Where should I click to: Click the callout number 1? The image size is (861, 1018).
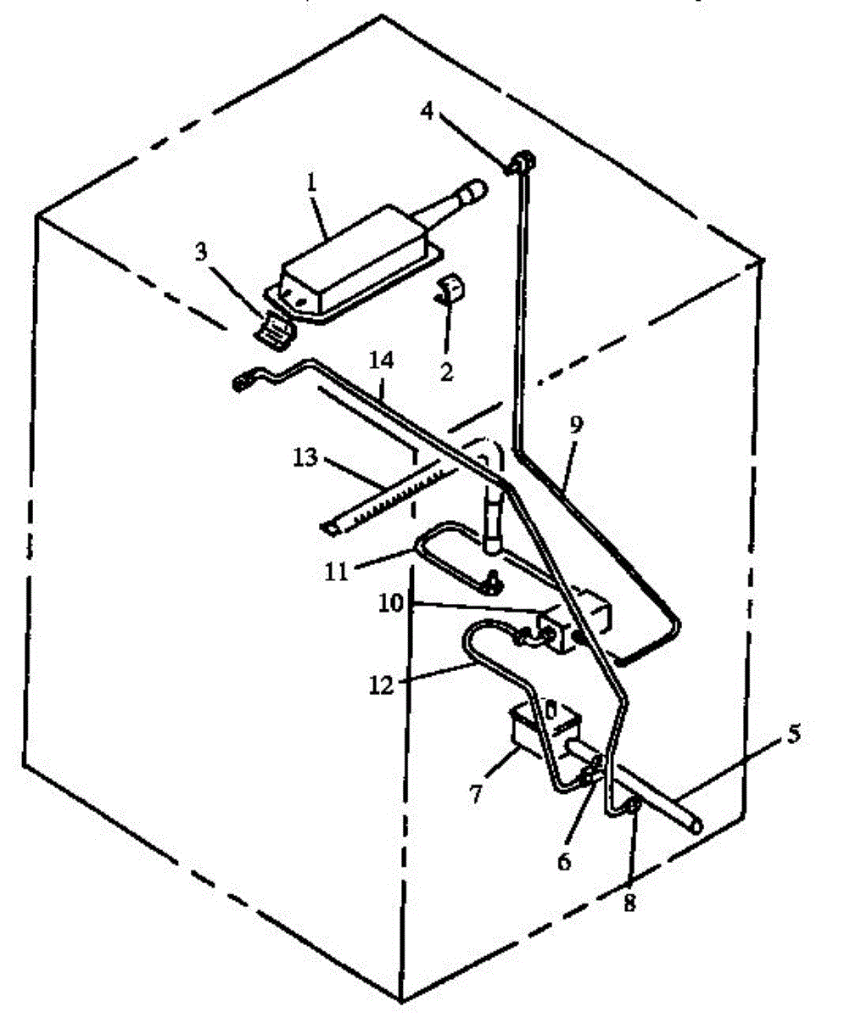tap(311, 182)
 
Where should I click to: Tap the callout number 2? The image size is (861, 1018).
tap(446, 371)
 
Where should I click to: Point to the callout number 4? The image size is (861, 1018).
tap(428, 110)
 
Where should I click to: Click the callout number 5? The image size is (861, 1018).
tap(792, 735)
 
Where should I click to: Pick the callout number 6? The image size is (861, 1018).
tap(564, 861)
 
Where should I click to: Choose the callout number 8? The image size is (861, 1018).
tap(629, 903)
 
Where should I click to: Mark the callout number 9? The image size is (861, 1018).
tap(576, 427)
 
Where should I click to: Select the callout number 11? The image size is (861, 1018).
tap(337, 571)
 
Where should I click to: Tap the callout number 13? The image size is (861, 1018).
tap(305, 458)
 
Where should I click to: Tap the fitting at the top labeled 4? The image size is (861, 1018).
tap(523, 160)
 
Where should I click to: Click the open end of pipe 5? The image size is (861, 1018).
tap(696, 823)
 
